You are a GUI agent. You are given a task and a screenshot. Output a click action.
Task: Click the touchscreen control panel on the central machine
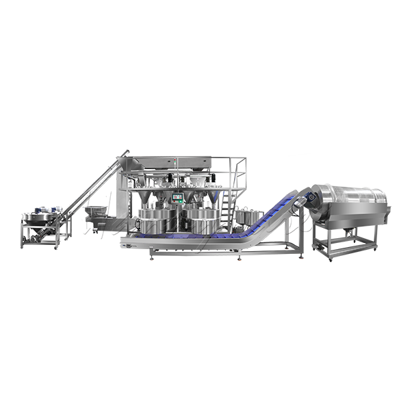[177, 198]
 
